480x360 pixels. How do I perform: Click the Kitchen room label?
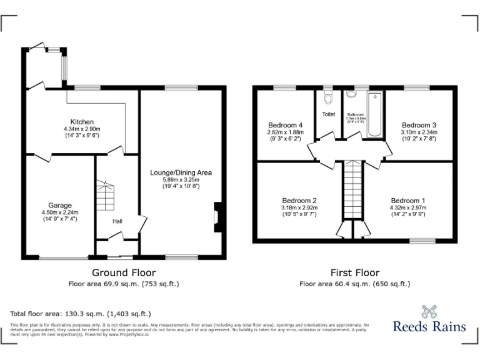click(82, 122)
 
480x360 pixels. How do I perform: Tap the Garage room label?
click(60, 205)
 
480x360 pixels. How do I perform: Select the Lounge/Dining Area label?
click(181, 172)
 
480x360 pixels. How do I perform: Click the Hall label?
click(117, 221)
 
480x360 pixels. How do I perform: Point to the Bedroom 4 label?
click(285, 124)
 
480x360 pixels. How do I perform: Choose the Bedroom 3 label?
click(419, 124)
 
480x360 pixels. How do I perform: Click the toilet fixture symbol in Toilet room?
click(328, 99)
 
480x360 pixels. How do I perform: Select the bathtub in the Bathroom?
click(374, 114)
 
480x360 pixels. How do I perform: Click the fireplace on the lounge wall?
click(217, 217)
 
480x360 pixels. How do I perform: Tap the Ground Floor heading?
click(124, 272)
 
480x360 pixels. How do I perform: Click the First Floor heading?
click(354, 272)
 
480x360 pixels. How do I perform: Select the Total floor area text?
click(81, 314)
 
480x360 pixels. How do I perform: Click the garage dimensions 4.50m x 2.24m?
click(60, 212)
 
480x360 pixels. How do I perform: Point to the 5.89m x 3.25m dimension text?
click(181, 179)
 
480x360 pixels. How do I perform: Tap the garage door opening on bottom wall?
click(62, 257)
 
